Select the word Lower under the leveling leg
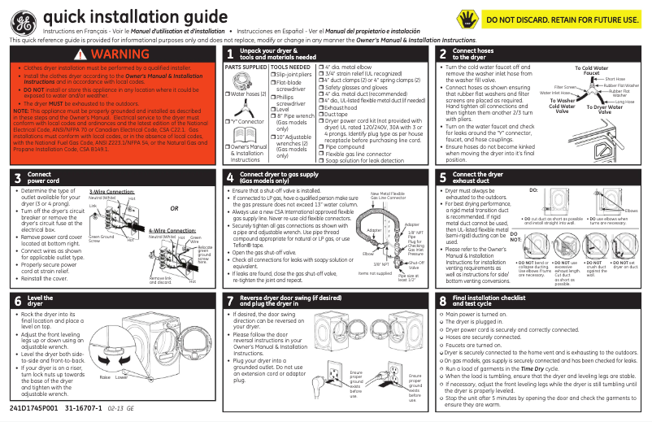[122, 378]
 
